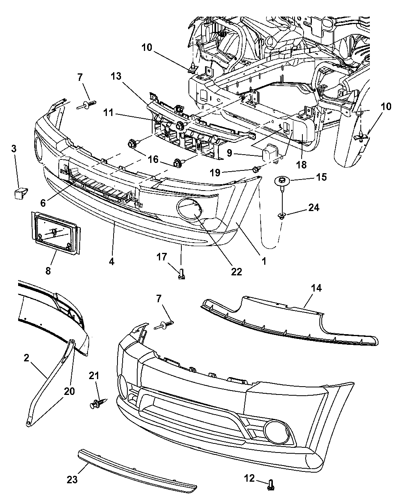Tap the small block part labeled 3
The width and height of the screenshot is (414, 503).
19,194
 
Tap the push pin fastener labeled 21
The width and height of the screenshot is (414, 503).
96,404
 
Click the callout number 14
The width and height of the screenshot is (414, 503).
316,288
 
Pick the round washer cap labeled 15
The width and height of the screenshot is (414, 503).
282,181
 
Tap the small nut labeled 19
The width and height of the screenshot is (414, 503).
255,169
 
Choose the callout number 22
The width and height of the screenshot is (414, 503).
237,271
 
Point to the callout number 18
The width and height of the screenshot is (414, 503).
302,165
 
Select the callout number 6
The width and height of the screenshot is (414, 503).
43,202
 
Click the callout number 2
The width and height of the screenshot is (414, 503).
26,358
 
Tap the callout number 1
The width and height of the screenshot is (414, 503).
264,261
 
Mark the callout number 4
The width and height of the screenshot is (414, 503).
112,261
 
